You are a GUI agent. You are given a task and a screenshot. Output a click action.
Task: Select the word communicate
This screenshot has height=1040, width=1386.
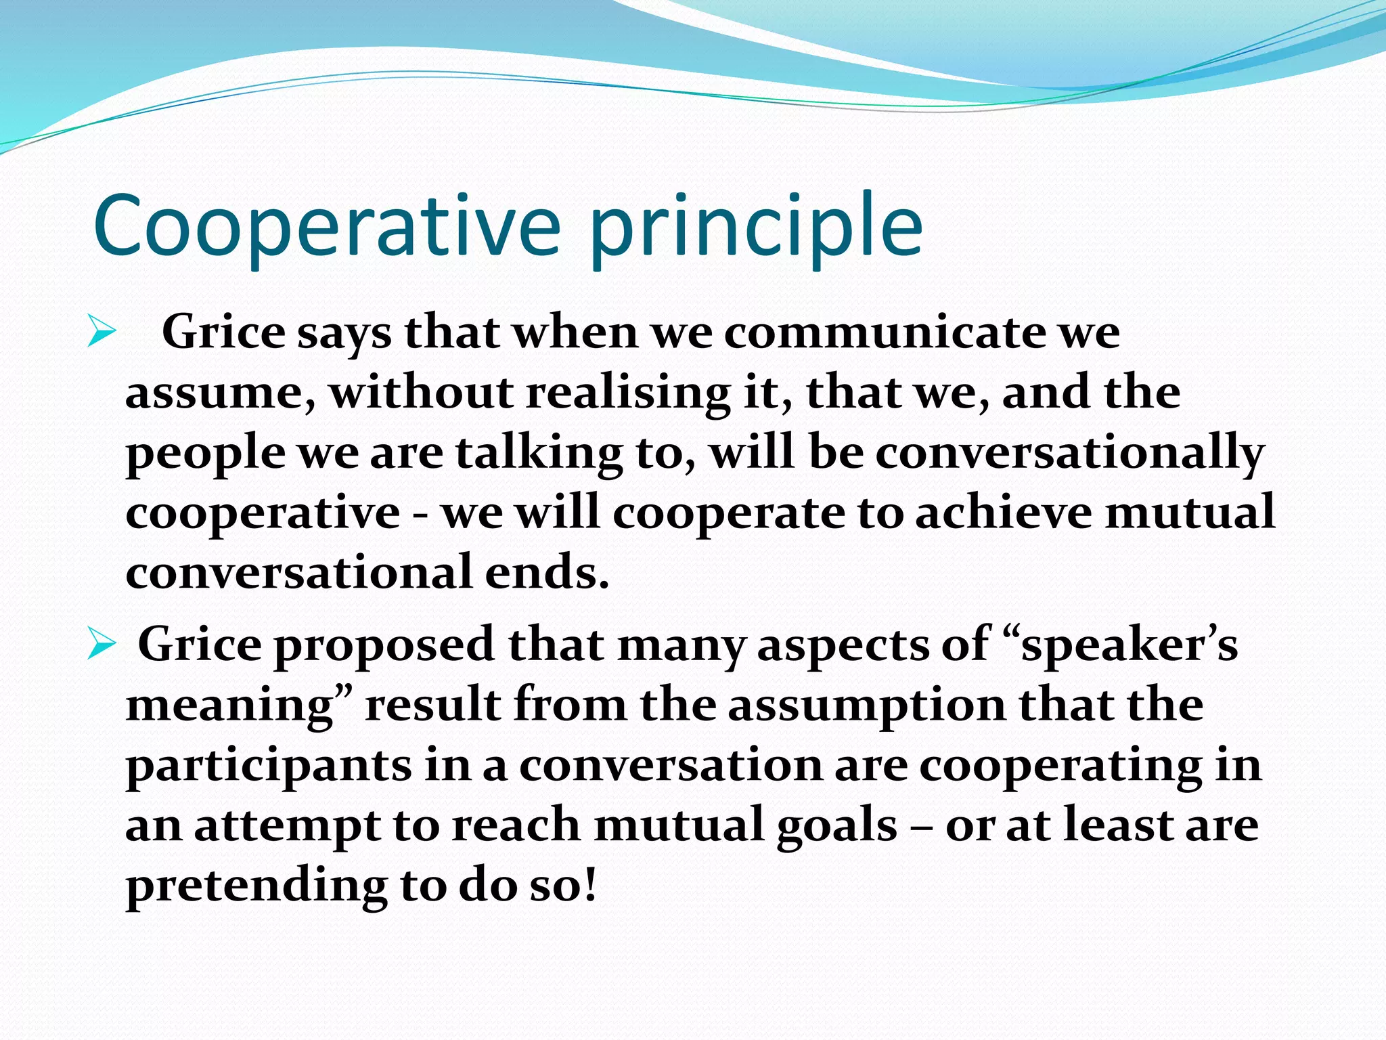point(883,333)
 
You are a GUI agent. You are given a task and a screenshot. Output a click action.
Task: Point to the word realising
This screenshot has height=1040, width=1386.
point(628,393)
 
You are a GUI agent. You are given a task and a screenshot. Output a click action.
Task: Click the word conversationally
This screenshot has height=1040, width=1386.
point(1069,452)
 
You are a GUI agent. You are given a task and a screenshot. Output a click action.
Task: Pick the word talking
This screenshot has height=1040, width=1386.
point(539,452)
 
